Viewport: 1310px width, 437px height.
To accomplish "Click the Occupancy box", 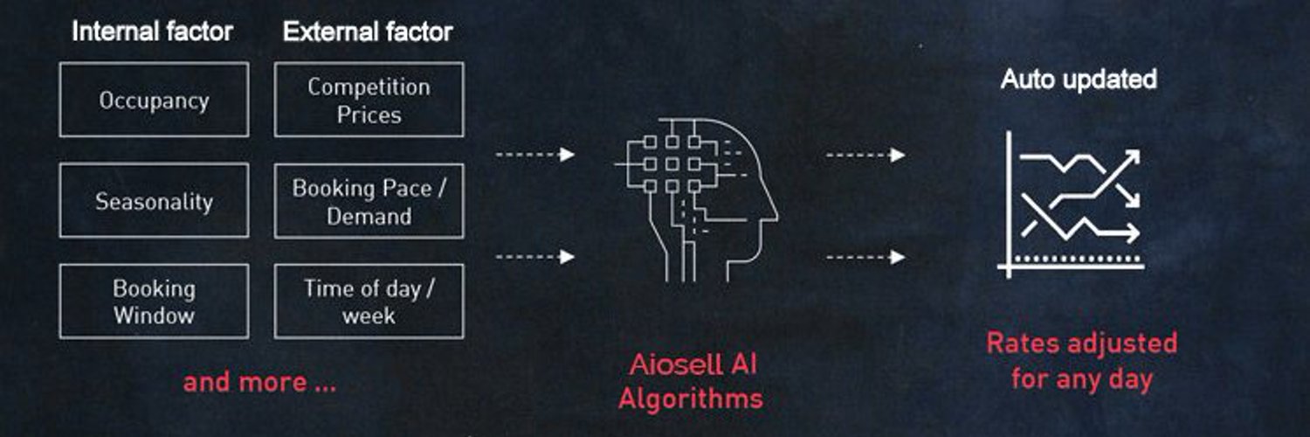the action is point(154,100).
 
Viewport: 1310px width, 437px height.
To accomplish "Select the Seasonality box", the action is point(154,200).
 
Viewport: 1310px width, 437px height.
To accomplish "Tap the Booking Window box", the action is point(154,302).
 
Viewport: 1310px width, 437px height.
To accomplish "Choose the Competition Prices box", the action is point(369,100).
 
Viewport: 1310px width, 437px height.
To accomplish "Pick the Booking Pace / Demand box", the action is point(369,201).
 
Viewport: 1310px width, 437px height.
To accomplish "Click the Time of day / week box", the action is point(369,302).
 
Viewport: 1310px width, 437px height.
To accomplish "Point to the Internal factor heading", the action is point(153,31).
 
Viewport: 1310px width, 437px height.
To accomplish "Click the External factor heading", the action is point(368,31).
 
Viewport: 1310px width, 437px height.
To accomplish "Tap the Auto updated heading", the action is point(1079,79).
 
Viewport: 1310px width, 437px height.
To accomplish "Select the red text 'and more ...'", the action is point(259,383).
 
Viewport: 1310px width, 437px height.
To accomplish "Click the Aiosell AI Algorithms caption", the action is point(692,381).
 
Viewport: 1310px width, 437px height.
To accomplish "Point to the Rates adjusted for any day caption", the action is point(1082,361).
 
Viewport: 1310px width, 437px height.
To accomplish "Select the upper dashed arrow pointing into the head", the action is point(535,155).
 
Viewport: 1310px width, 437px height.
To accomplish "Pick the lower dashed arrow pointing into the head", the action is point(535,257).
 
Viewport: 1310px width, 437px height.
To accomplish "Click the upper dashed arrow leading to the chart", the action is point(865,155).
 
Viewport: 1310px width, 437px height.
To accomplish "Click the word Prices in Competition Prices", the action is point(369,114).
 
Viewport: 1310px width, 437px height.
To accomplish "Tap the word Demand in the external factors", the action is point(369,217).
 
